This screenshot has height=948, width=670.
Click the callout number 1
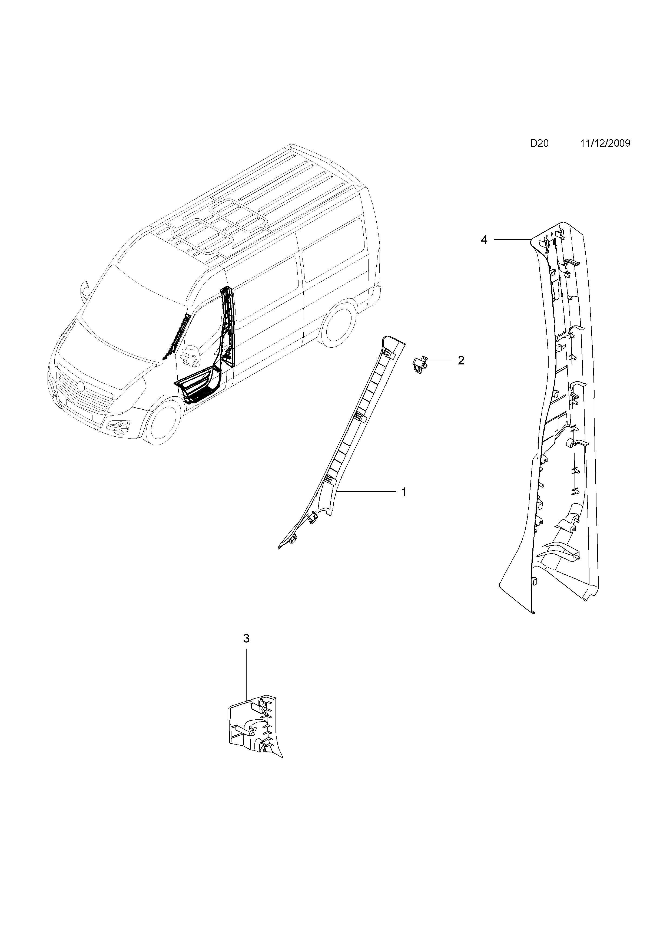404,492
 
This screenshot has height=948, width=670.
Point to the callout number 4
484,239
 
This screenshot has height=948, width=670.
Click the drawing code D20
539,144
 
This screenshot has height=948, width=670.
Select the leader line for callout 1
367,491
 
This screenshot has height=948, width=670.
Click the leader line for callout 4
512,239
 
